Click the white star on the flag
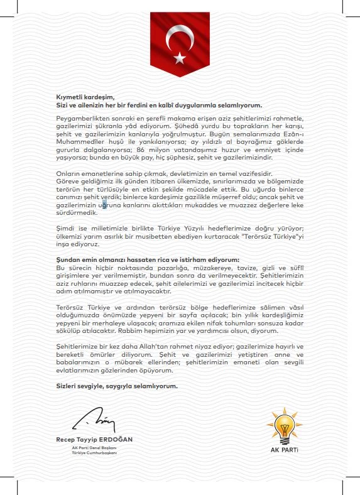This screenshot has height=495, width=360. coord(180,58)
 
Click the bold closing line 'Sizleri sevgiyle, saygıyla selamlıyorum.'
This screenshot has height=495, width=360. coord(116,386)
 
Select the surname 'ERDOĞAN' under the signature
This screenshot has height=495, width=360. coord(116,439)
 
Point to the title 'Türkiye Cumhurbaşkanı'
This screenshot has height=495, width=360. coord(95,453)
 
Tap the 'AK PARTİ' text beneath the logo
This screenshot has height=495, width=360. coord(285,450)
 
